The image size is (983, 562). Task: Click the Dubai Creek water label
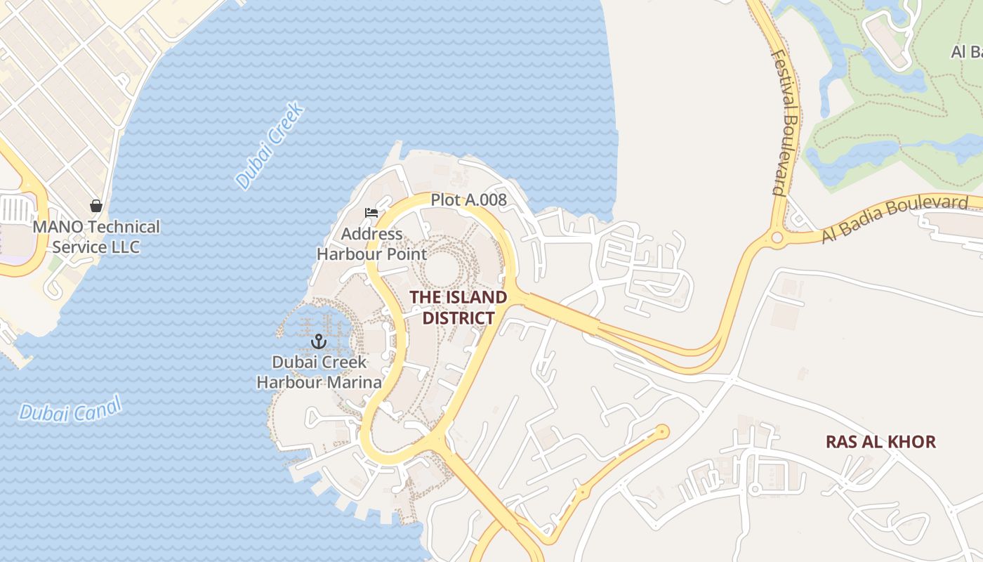point(270,145)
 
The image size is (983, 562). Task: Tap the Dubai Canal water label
point(70,408)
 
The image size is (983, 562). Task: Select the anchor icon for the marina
point(319,342)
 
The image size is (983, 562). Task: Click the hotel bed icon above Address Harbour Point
point(371,213)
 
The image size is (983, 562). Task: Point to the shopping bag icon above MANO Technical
point(96,206)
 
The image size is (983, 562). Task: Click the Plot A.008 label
point(468,200)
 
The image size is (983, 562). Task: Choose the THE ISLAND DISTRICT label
point(458,307)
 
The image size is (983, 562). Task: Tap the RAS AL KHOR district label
point(880,442)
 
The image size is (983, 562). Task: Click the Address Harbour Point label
point(371,244)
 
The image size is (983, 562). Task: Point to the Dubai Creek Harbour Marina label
point(319,372)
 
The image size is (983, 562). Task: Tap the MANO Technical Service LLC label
point(96,237)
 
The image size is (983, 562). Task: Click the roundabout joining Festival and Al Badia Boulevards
point(777,237)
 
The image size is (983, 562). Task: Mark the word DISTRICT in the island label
point(458,318)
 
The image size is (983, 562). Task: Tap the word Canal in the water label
point(98,405)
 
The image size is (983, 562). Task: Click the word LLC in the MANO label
point(125,247)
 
